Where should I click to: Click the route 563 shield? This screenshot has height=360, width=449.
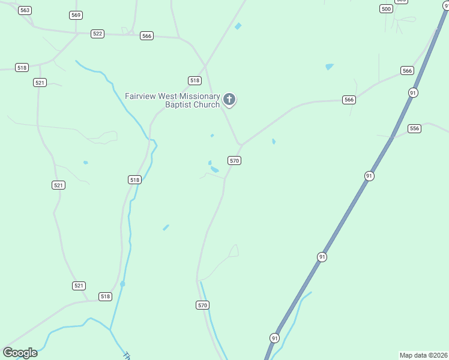click(x=25, y=10)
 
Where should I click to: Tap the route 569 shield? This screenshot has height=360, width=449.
click(x=76, y=15)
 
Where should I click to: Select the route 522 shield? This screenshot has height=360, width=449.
click(x=98, y=34)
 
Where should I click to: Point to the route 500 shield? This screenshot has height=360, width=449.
click(x=387, y=8)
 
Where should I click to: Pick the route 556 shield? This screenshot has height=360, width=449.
click(x=414, y=128)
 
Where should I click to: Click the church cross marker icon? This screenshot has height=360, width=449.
click(x=229, y=99)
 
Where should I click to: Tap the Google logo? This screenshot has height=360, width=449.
click(x=20, y=353)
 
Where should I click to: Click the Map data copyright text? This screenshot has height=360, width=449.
click(x=424, y=355)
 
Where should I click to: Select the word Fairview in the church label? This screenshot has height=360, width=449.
click(x=142, y=96)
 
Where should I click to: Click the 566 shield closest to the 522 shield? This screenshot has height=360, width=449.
click(x=146, y=36)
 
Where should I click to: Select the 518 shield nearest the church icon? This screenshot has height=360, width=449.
click(x=194, y=80)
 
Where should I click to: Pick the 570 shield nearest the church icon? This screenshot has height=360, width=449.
click(x=234, y=160)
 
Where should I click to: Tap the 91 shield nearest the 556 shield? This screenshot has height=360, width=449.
click(x=413, y=92)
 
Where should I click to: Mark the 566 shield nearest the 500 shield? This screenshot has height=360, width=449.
click(x=407, y=71)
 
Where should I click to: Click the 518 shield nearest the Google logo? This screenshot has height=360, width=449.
click(x=105, y=296)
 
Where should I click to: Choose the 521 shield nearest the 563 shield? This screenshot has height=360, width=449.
click(x=40, y=82)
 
